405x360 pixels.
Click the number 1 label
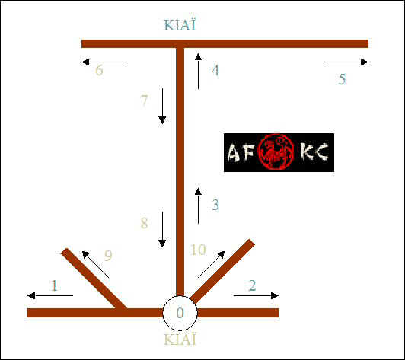54,285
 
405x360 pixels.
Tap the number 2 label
252,285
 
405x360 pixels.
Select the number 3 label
215,205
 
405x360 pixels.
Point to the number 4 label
215,70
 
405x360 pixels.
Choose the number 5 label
343,79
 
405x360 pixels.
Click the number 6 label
99,70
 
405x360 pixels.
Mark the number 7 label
144,100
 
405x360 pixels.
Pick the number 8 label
144,223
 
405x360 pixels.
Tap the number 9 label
108,256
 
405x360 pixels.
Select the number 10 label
198,250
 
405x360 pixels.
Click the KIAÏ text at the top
180,25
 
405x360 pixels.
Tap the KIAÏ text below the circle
180,339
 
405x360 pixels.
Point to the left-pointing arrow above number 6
104,62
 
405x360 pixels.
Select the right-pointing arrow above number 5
346,62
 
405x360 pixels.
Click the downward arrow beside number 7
162,106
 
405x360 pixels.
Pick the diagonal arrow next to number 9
95,264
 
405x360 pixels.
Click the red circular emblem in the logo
276,152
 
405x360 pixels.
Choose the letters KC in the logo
314,151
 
